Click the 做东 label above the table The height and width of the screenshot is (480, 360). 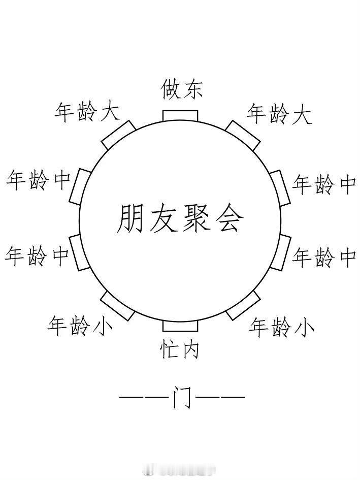[181, 89]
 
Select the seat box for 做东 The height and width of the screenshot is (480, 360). [180, 116]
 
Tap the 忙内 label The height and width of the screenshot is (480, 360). [179, 349]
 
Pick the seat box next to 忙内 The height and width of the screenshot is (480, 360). [180, 326]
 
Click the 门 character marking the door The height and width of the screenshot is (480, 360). [182, 397]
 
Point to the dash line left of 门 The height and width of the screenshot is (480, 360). [144, 397]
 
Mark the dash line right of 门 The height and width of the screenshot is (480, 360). [220, 397]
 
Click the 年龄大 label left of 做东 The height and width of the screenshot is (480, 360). [87, 112]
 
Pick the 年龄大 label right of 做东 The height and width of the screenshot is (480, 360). [279, 114]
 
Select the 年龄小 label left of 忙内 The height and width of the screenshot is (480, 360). [80, 326]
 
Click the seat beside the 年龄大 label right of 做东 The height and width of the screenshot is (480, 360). [243, 136]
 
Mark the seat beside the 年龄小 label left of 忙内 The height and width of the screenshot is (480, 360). [118, 305]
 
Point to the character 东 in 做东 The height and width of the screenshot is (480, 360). [192, 89]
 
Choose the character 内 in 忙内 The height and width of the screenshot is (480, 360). [190, 349]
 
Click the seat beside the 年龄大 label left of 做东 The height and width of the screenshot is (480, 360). [118, 135]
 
